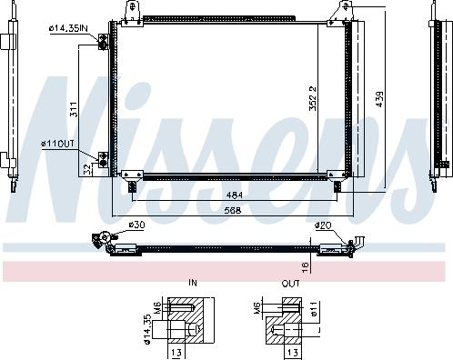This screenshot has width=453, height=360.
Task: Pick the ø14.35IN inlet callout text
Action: tap(68, 28)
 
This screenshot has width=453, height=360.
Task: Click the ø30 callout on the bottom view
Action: tap(136, 224)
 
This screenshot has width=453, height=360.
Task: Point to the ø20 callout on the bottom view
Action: tap(322, 224)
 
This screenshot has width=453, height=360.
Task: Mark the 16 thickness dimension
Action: tap(307, 265)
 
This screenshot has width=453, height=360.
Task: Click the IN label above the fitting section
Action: tap(192, 284)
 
